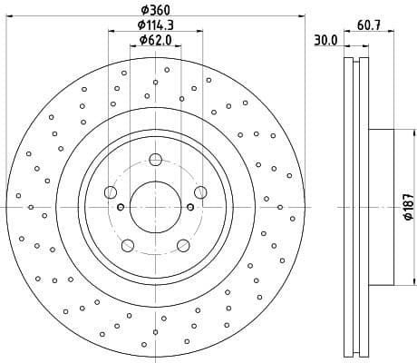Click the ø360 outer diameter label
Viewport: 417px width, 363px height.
click(x=155, y=10)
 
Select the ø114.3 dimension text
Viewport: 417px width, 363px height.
click(x=155, y=25)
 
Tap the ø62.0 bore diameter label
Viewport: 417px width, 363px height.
click(x=155, y=41)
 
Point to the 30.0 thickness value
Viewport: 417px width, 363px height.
click(x=325, y=41)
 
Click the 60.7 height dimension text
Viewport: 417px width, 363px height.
click(x=368, y=26)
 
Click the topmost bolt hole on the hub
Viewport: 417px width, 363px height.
click(x=155, y=161)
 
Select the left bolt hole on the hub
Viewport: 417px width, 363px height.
click(x=111, y=192)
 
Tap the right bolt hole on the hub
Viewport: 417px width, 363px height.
click(x=199, y=192)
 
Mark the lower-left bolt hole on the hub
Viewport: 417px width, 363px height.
click(x=128, y=244)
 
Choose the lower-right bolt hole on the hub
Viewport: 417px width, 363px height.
click(x=182, y=244)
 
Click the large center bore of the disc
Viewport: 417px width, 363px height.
click(x=155, y=207)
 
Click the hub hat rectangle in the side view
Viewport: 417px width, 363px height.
click(x=382, y=207)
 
